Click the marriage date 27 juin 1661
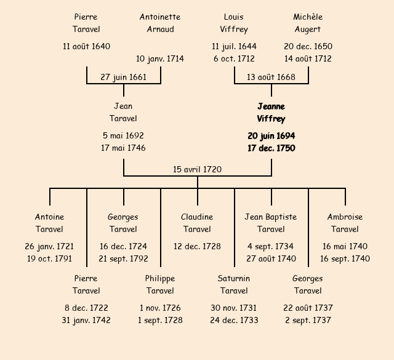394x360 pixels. tap(123, 77)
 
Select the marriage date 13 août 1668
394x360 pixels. tap(271, 77)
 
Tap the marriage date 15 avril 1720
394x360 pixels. tap(197, 169)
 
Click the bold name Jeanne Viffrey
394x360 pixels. tap(271, 113)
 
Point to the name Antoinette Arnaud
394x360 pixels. tap(160, 23)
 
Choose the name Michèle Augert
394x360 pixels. tap(308, 23)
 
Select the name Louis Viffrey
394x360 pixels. tap(234, 23)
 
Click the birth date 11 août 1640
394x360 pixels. tap(86, 46)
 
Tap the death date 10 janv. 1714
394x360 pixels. tap(160, 59)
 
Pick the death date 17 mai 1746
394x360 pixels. tap(123, 148)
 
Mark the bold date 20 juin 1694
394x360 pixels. tap(271, 135)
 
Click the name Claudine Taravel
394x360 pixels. tap(197, 223)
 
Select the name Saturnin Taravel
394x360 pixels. tap(234, 284)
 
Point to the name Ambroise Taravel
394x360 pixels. tap(345, 223)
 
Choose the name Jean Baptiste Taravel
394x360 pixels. tap(271, 223)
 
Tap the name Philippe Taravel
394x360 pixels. tap(160, 284)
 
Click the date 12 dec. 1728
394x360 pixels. tap(197, 246)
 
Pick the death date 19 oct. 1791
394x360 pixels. tap(49, 259)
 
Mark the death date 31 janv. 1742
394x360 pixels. tap(86, 321)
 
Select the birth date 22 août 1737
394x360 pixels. tap(308, 308)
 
